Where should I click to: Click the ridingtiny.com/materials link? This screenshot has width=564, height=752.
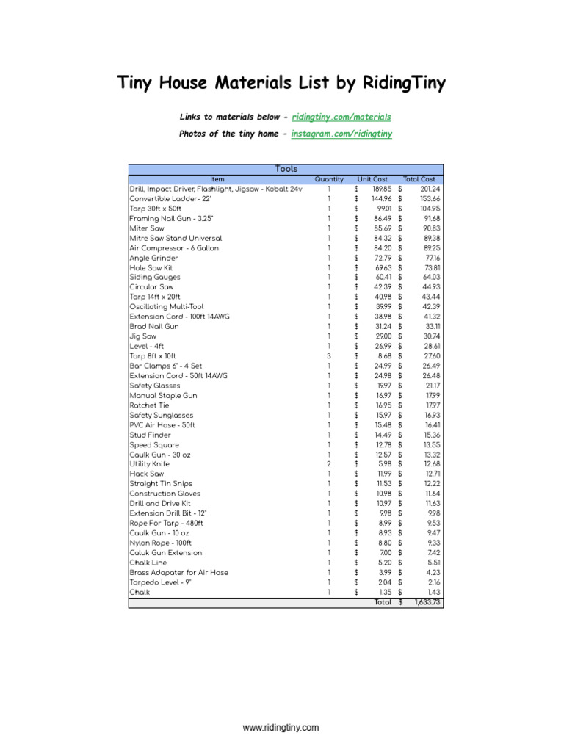(341, 117)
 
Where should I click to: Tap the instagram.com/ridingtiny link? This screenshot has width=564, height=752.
(341, 134)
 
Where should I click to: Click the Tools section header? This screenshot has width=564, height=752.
(286, 169)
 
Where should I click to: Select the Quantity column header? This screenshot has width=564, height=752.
(329, 179)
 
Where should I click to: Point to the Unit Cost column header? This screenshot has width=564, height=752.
(372, 179)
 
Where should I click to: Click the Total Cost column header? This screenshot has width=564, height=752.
(419, 179)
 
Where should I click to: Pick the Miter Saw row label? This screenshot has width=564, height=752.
(147, 228)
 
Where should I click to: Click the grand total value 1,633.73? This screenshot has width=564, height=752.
(425, 602)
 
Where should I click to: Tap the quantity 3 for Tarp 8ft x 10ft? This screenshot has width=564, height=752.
(329, 356)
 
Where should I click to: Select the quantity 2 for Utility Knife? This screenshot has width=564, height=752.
(329, 464)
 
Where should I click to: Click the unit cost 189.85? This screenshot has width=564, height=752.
(382, 189)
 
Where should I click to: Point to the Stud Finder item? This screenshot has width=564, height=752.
(150, 435)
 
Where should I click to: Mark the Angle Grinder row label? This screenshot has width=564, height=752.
(153, 258)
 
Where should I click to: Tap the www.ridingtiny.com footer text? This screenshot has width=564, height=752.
(281, 728)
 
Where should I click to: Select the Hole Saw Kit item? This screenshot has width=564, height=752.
(152, 267)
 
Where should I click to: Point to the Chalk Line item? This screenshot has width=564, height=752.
(148, 563)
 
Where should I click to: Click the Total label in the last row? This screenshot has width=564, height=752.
(383, 602)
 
